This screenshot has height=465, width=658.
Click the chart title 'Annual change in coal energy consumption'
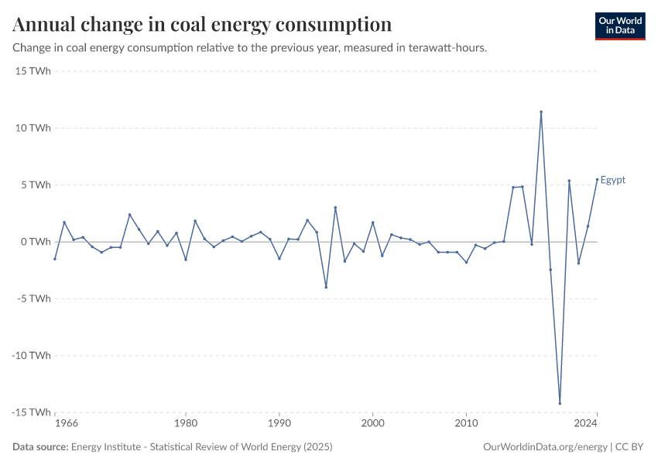[202, 25]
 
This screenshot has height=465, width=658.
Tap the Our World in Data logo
[619, 26]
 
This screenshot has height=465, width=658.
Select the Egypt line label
[613, 181]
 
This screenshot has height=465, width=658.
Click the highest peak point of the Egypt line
[541, 112]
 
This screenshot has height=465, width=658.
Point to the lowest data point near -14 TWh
[560, 403]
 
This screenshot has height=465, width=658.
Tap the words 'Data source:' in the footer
[40, 447]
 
